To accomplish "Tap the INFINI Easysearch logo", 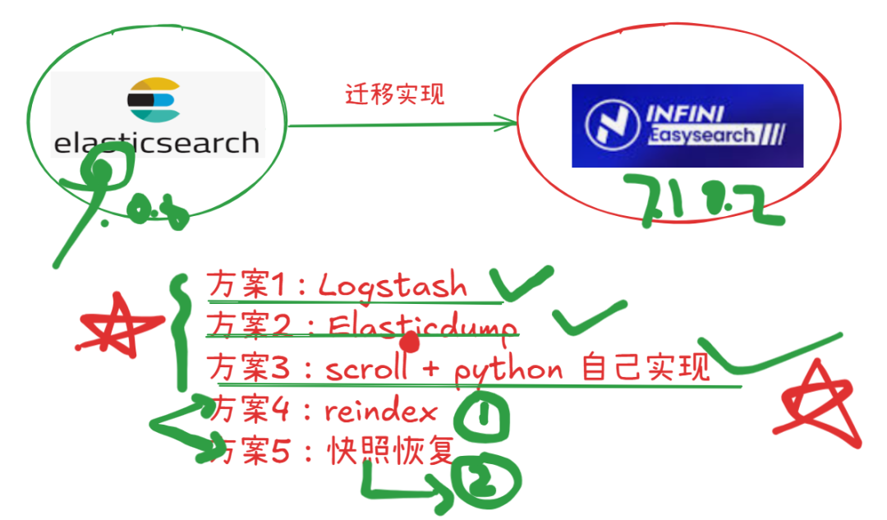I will pos(687,126).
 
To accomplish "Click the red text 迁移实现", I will pos(394,94).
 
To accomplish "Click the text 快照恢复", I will pos(390,450).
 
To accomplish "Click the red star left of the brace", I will pos(114,328).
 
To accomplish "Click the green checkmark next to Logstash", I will pos(526,283).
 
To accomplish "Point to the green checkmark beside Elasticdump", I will pos(589,319).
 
